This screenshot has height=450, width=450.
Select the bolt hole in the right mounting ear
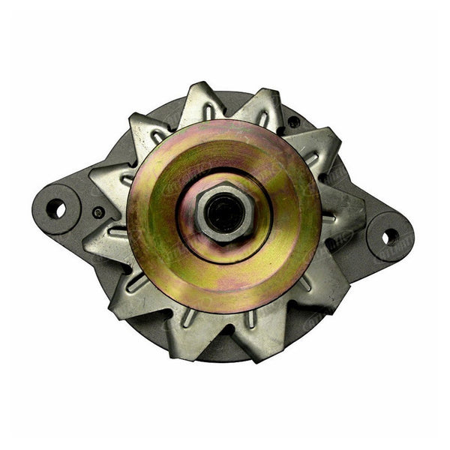coord(390,236)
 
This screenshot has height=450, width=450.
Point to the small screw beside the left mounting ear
coord(98,213)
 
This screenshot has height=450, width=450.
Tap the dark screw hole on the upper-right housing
coord(294,121)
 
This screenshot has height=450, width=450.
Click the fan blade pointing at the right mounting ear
coord(342,214)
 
